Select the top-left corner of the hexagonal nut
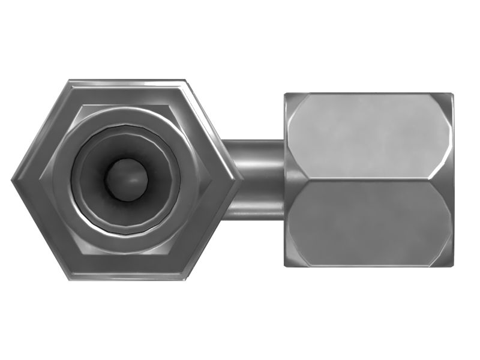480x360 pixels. coord(68,79)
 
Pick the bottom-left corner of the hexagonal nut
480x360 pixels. coord(68,281)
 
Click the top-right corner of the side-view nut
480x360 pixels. coord(452,94)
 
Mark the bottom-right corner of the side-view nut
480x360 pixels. coord(452,265)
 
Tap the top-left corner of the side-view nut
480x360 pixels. coord(285,94)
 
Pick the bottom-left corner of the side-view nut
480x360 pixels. coord(285,265)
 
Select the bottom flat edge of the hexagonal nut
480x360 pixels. coord(127,279)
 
